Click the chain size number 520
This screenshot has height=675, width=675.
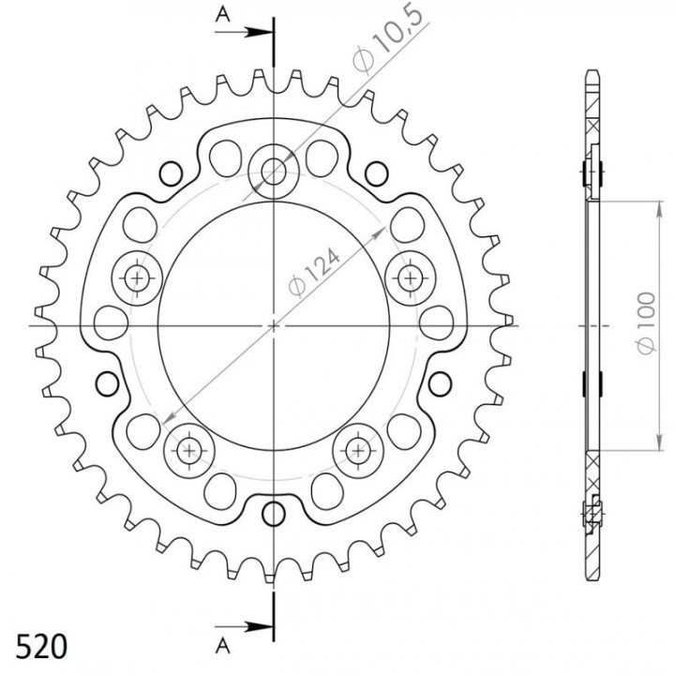pyautogui.click(x=42, y=646)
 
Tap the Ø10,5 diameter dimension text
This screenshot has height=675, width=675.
pyautogui.click(x=388, y=38)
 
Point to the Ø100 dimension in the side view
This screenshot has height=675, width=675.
pyautogui.click(x=646, y=322)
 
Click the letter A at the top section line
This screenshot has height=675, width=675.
pyautogui.click(x=222, y=16)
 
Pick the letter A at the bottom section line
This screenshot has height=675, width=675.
pyautogui.click(x=222, y=646)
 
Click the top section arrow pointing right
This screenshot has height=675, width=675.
pyautogui.click(x=244, y=32)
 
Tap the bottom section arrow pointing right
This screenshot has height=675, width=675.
pyautogui.click(x=244, y=627)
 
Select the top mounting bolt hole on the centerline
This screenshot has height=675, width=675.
pyautogui.click(x=274, y=172)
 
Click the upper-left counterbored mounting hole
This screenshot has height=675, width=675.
pyautogui.click(x=137, y=278)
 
